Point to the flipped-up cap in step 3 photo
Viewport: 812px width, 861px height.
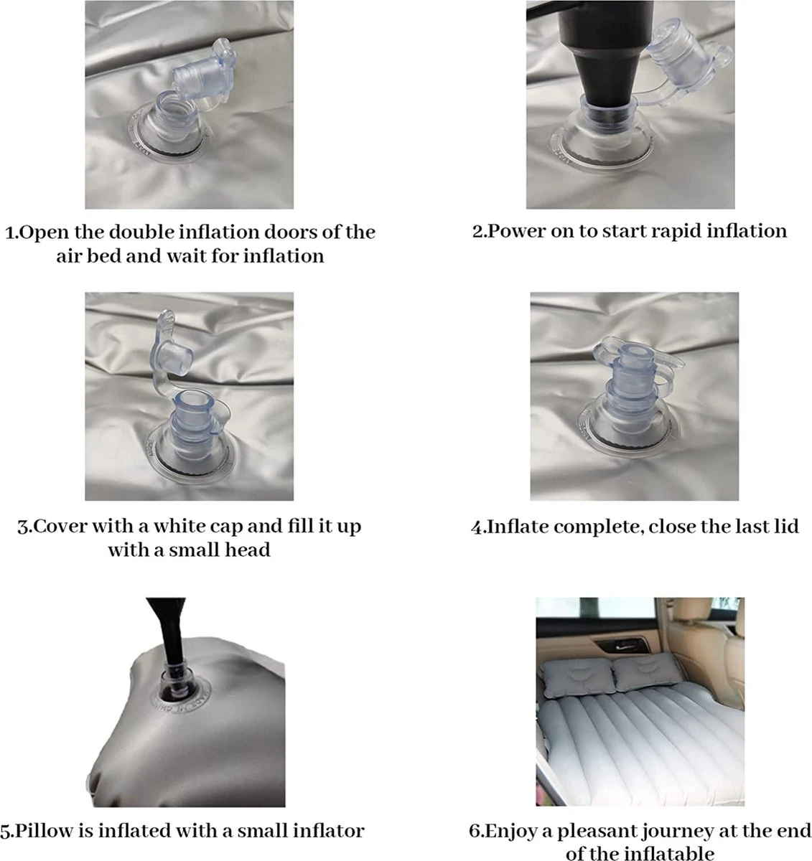[x=170, y=345]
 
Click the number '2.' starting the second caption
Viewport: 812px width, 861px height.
[x=480, y=231]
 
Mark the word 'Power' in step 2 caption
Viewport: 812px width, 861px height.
[x=516, y=231]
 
